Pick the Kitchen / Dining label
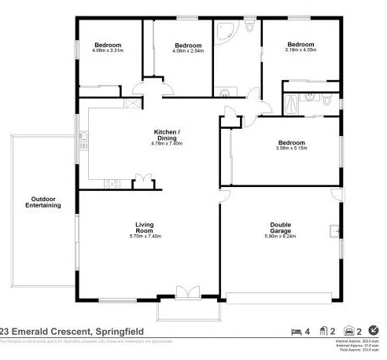pos(165,134)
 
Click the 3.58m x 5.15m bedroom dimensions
pos(290,148)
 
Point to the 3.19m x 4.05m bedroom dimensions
pos(300,50)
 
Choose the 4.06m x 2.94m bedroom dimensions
pos(189,51)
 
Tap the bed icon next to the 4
pos(296,330)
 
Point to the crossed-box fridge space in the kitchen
pos(132,102)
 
